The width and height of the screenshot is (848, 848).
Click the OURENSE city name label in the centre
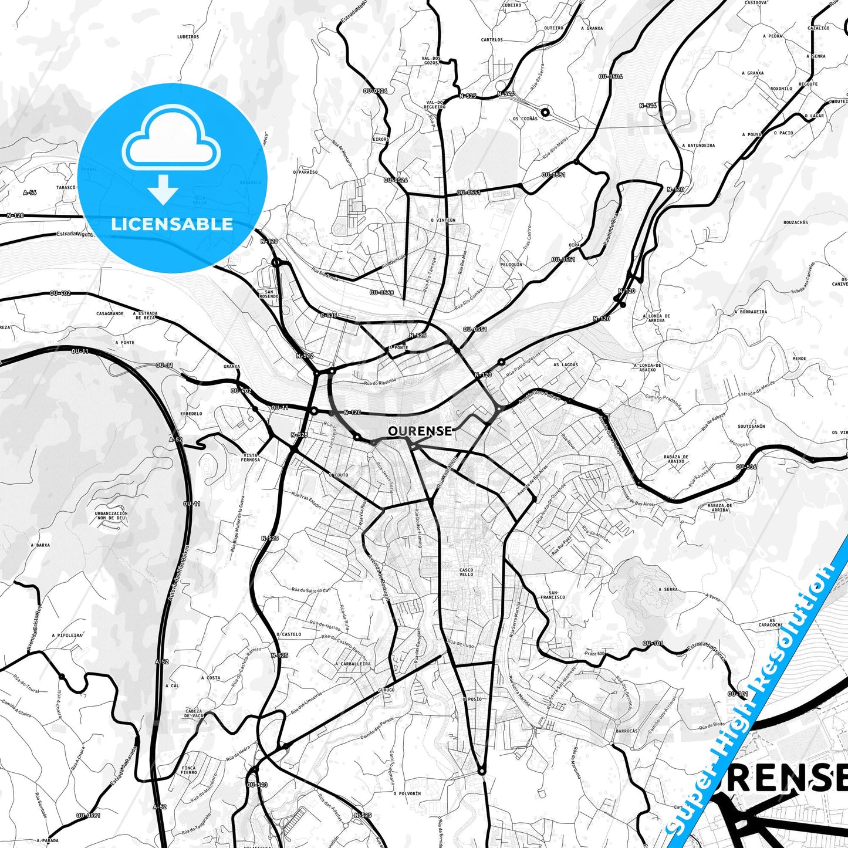[420, 431]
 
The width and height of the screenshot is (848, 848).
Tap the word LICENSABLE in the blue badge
[172, 224]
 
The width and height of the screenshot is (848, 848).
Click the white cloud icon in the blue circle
[171, 141]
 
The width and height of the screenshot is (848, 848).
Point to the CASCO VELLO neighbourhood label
[466, 572]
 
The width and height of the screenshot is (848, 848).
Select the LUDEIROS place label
[188, 36]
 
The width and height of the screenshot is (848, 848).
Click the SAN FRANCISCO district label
[553, 594]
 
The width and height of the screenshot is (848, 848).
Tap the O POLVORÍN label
[408, 793]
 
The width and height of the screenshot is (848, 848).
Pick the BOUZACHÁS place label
[795, 222]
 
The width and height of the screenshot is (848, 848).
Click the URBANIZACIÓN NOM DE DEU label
[111, 516]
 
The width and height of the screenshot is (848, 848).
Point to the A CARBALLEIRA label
[353, 664]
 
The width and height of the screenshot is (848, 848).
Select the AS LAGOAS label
[566, 364]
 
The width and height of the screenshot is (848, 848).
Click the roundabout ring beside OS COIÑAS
[545, 112]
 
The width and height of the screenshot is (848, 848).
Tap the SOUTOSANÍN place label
[751, 427]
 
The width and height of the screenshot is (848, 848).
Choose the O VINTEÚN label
[442, 220]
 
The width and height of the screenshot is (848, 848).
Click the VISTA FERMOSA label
[251, 457]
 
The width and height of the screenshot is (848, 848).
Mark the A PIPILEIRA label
[67, 635]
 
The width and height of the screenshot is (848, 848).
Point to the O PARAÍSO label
[305, 173]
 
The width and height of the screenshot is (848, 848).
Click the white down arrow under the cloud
[163, 189]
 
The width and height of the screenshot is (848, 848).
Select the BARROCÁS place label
[627, 731]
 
